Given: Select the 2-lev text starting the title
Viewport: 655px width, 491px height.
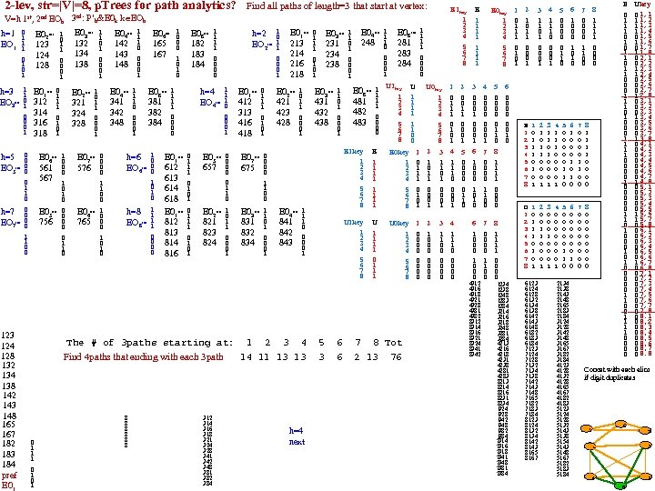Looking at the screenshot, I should [x=20, y=6].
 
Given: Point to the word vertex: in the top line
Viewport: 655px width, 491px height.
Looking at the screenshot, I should [x=411, y=6].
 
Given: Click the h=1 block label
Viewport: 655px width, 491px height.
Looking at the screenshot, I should [x=7, y=34].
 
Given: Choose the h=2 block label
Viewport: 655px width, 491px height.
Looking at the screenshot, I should [x=258, y=34].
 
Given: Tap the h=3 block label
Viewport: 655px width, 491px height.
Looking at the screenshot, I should [x=7, y=92].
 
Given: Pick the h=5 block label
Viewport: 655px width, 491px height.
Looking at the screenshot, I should [x=7, y=156].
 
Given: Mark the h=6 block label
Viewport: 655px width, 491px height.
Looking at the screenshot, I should [x=133, y=156].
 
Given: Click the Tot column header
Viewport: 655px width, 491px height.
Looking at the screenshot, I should [x=393, y=343].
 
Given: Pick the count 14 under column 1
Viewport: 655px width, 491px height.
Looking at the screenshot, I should [x=246, y=357].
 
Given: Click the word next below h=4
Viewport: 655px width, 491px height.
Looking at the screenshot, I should [x=297, y=442].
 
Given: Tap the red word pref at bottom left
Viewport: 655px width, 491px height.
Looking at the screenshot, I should [x=9, y=476].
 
